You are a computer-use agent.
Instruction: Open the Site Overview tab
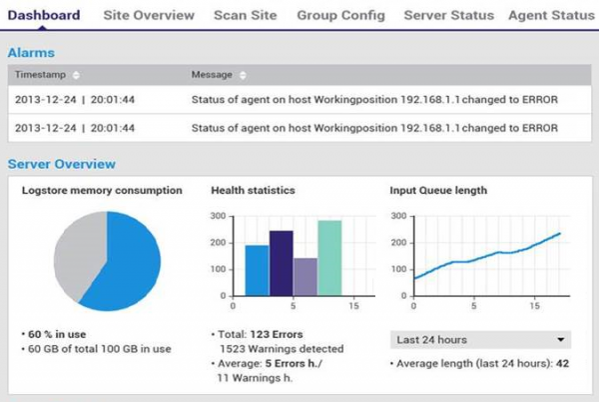tap(150, 16)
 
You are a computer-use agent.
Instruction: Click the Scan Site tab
tap(246, 16)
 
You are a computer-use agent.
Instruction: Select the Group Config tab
tap(339, 16)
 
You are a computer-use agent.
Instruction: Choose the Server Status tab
tap(448, 16)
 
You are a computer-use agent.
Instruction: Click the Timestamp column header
tap(40, 75)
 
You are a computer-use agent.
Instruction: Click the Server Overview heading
tap(61, 164)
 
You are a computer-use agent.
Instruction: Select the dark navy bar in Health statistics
tap(281, 263)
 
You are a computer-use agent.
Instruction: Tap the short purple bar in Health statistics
tap(305, 277)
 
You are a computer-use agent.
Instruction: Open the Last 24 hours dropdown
tap(478, 339)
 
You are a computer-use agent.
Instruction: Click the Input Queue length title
tap(436, 190)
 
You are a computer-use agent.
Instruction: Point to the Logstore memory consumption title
tap(102, 190)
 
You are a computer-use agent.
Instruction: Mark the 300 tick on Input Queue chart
tap(399, 215)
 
